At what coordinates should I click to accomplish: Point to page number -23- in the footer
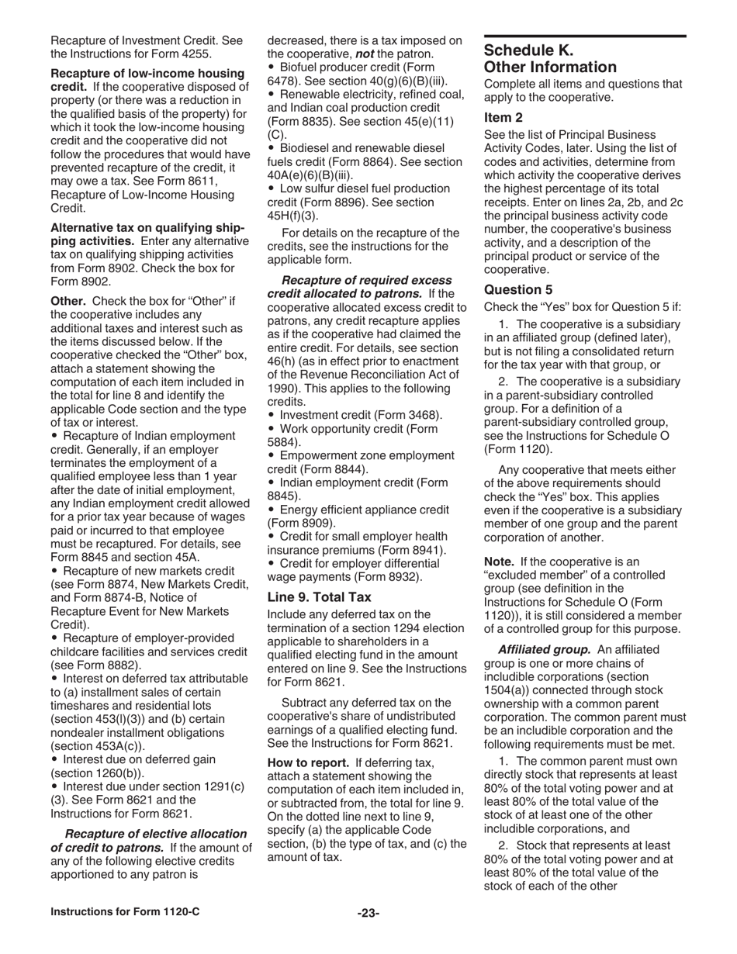368,913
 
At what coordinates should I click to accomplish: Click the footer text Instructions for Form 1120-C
125,912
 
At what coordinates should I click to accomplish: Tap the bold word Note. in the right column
499,561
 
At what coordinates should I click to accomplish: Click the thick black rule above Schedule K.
585,36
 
